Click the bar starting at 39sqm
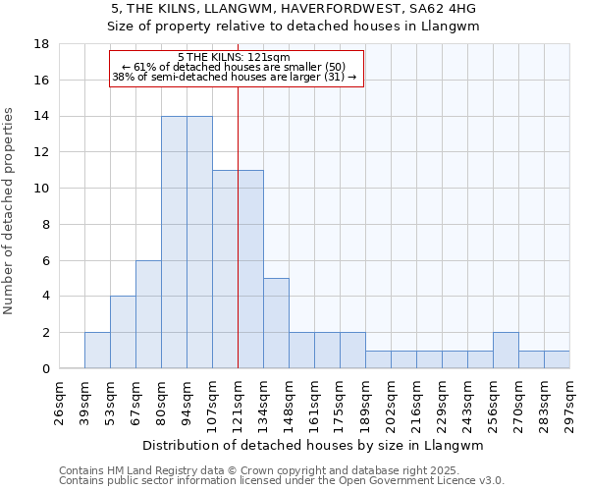pyautogui.click(x=97, y=351)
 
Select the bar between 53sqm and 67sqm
pyautogui.click(x=123, y=332)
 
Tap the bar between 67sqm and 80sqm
pyautogui.click(x=148, y=314)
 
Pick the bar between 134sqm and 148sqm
pyautogui.click(x=276, y=323)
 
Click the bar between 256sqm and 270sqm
pyautogui.click(x=506, y=351)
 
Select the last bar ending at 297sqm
pyautogui.click(x=557, y=359)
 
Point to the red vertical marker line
pyautogui.click(x=238, y=245)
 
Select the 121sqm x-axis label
pyautogui.click(x=239, y=401)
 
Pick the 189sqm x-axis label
pyautogui.click(x=366, y=401)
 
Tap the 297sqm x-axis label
pyautogui.click(x=570, y=401)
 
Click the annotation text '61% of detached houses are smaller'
pyautogui.click(x=235, y=67)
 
